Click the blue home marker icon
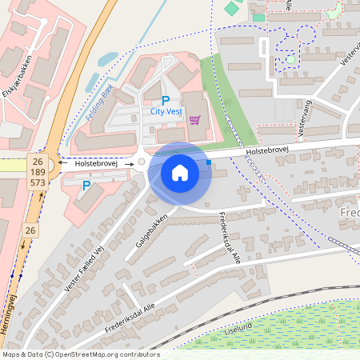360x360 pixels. point(180,172)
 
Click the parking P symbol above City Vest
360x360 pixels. point(166,101)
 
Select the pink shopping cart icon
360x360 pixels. point(194,120)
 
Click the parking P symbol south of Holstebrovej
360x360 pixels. point(86,186)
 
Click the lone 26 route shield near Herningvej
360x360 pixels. point(30,230)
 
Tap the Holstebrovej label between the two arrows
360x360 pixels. point(97,163)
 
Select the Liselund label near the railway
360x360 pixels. point(238,327)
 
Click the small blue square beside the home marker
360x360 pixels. point(209,162)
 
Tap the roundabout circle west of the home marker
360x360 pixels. point(142,162)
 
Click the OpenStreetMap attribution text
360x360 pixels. point(80,354)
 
